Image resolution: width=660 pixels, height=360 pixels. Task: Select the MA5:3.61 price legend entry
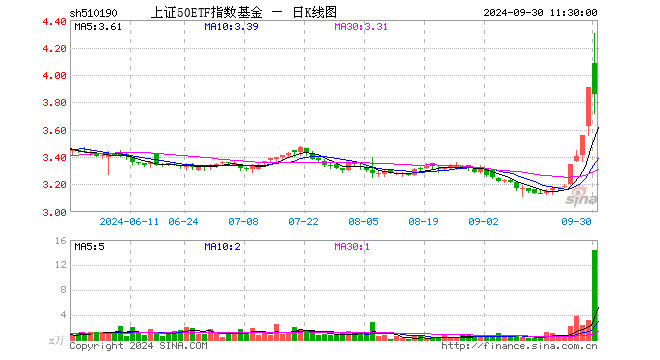coord(99,28)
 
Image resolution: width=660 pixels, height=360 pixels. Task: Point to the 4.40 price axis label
coord(55,21)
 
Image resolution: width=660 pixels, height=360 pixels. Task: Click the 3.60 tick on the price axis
coord(55,130)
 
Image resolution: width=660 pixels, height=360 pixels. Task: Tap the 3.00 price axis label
coord(55,212)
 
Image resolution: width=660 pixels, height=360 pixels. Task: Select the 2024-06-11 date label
coord(131,221)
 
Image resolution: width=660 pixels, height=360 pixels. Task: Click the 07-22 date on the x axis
coord(303,221)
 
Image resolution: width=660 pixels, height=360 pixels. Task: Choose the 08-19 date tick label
coord(423,221)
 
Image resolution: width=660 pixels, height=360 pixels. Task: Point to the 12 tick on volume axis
coord(62,265)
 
